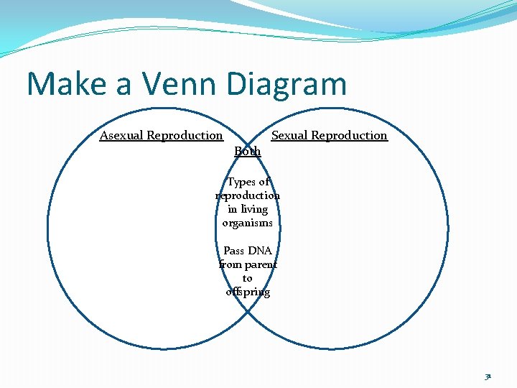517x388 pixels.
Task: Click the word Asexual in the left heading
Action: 121,135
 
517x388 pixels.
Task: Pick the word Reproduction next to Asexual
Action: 185,135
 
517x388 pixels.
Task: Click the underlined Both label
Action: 248,151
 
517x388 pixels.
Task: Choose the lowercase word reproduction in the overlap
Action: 248,195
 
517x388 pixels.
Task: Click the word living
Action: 253,209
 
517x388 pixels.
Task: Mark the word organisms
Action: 248,223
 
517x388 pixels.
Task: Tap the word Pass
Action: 234,251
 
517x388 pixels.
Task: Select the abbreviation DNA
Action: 260,251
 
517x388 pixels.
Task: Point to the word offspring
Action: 248,292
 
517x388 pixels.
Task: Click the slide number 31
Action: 488,374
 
